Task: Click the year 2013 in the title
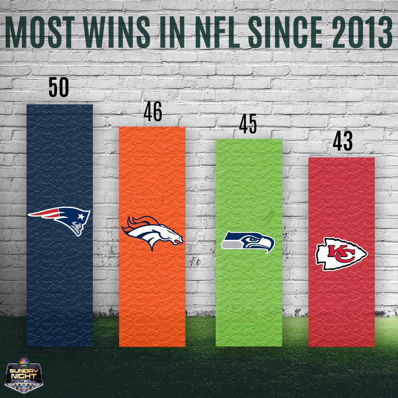coord(360,32)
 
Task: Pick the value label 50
coord(59,88)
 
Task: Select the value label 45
coord(248,124)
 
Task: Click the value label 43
coord(343,142)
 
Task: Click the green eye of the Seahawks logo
coord(254,238)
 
